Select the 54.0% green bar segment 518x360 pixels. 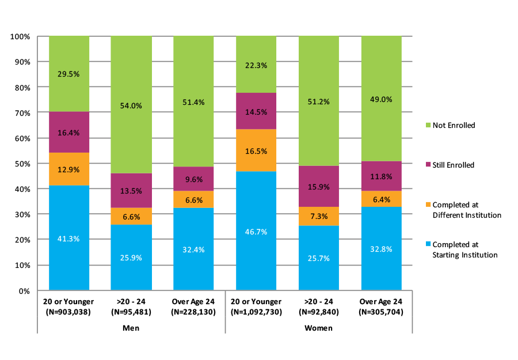pyautogui.click(x=131, y=105)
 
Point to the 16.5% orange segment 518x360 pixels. pyautogui.click(x=256, y=150)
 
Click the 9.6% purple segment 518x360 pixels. pyautogui.click(x=193, y=179)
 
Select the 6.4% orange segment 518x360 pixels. pyautogui.click(x=381, y=199)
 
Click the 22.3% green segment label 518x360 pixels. pyautogui.click(x=256, y=65)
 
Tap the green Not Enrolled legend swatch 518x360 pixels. pyautogui.click(x=426, y=125)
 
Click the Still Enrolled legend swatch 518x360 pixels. pyautogui.click(x=426, y=165)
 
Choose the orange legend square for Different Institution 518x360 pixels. pyautogui.click(x=426, y=204)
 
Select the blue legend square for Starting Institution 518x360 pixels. pyautogui.click(x=426, y=244)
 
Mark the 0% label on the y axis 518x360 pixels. pyautogui.click(x=25, y=291)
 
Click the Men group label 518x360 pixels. pyautogui.click(x=131, y=328)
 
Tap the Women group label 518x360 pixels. pyautogui.click(x=318, y=328)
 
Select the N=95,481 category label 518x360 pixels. pyautogui.click(x=131, y=312)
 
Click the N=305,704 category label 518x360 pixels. pyautogui.click(x=381, y=312)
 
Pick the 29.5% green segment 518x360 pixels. pyautogui.click(x=69, y=74)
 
